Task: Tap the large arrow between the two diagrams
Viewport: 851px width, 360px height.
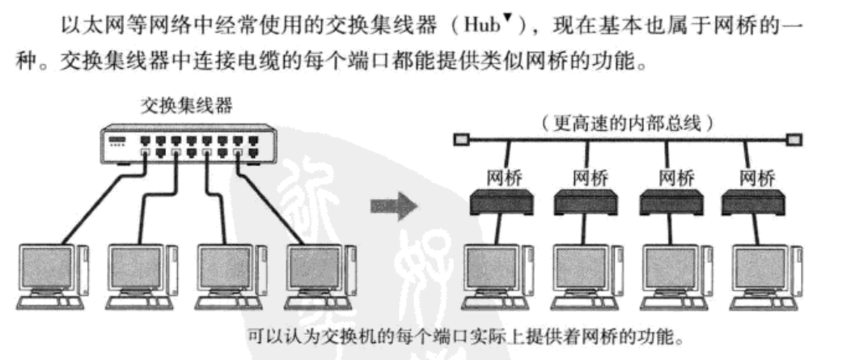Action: click(394, 207)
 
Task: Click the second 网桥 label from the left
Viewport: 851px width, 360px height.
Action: click(588, 176)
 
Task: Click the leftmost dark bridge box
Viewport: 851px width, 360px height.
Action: click(501, 201)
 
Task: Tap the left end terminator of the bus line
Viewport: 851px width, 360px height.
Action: click(459, 141)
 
